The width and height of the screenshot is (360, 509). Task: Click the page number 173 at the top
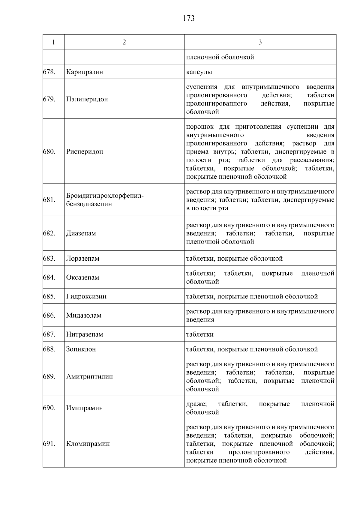pyautogui.click(x=188, y=19)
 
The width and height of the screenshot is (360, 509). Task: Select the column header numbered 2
pyautogui.click(x=124, y=42)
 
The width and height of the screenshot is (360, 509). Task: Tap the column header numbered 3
pyautogui.click(x=260, y=42)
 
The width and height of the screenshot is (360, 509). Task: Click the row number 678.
pyautogui.click(x=49, y=72)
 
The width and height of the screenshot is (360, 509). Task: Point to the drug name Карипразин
pyautogui.click(x=85, y=72)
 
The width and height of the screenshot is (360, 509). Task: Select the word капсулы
pyautogui.click(x=199, y=72)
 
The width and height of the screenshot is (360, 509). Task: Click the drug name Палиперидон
pyautogui.click(x=87, y=99)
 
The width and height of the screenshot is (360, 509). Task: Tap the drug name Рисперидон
pyautogui.click(x=85, y=152)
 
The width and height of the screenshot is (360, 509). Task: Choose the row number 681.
pyautogui.click(x=49, y=200)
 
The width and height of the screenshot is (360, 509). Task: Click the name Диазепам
pyautogui.click(x=81, y=233)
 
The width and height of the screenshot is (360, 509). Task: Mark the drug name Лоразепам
pyautogui.click(x=82, y=259)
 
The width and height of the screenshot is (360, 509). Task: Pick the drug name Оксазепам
pyautogui.click(x=82, y=277)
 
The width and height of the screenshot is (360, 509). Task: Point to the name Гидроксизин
pyautogui.click(x=86, y=297)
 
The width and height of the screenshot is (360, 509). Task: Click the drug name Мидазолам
pyautogui.click(x=84, y=316)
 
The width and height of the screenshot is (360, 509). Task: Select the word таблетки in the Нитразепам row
pyautogui.click(x=200, y=334)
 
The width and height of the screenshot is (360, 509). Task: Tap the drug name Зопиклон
pyautogui.click(x=81, y=349)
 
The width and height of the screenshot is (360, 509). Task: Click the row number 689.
pyautogui.click(x=49, y=377)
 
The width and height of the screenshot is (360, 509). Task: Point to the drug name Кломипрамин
pyautogui.click(x=88, y=444)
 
